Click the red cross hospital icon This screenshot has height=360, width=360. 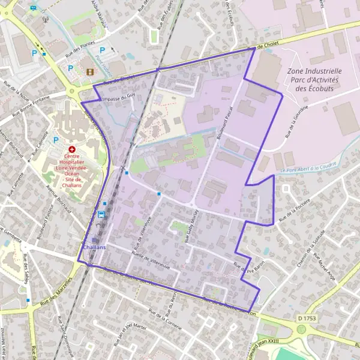72,148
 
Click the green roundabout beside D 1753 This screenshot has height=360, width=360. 301,329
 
